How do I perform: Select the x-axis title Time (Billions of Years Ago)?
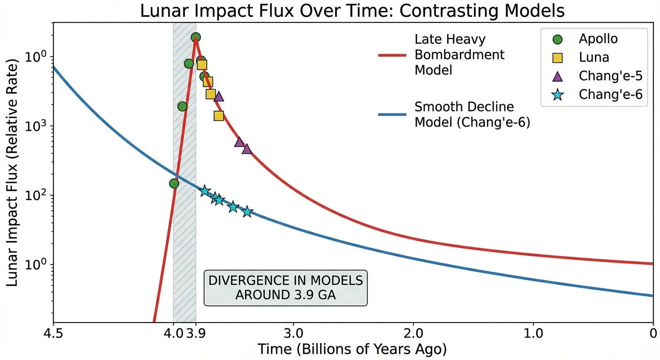[352, 349]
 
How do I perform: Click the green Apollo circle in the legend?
[558, 38]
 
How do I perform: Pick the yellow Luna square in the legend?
[558, 57]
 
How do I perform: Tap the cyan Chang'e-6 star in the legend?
[558, 95]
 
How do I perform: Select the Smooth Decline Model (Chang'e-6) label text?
[472, 115]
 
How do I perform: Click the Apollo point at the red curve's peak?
[196, 37]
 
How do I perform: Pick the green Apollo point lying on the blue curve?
[174, 183]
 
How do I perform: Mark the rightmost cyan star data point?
[247, 212]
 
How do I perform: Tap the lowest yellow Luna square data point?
[218, 116]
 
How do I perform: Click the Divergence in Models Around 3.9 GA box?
[285, 288]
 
